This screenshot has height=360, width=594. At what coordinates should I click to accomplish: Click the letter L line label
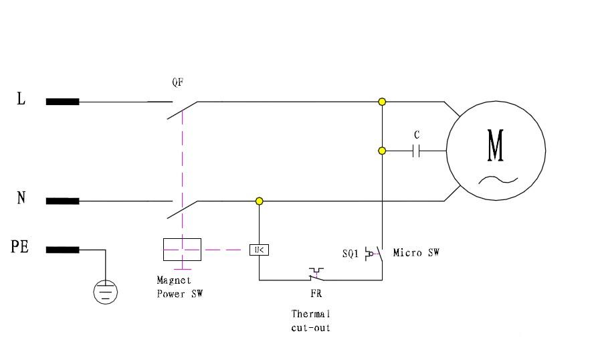21,98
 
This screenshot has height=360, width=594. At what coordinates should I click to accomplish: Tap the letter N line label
21,198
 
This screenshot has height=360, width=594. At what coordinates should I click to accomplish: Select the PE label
19,247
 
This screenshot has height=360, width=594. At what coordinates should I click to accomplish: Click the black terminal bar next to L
62,102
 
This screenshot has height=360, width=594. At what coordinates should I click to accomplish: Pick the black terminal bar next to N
62,201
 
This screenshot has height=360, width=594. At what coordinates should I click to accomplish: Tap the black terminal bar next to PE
62,250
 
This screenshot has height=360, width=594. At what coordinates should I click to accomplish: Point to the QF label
178,82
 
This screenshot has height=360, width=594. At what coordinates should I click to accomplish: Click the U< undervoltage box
259,250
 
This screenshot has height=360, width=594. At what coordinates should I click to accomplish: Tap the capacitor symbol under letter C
416,151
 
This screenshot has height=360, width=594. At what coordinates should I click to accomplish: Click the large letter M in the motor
496,145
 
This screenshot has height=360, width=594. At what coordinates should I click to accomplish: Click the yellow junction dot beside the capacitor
382,151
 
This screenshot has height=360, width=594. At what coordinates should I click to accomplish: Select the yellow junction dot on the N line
259,201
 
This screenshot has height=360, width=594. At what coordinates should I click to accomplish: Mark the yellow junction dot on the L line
382,102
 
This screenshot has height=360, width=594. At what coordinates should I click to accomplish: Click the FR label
316,294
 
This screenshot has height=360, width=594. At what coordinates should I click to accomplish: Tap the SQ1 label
351,253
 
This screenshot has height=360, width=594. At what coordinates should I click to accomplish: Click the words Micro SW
416,252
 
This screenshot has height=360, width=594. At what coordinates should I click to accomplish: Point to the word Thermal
310,314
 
